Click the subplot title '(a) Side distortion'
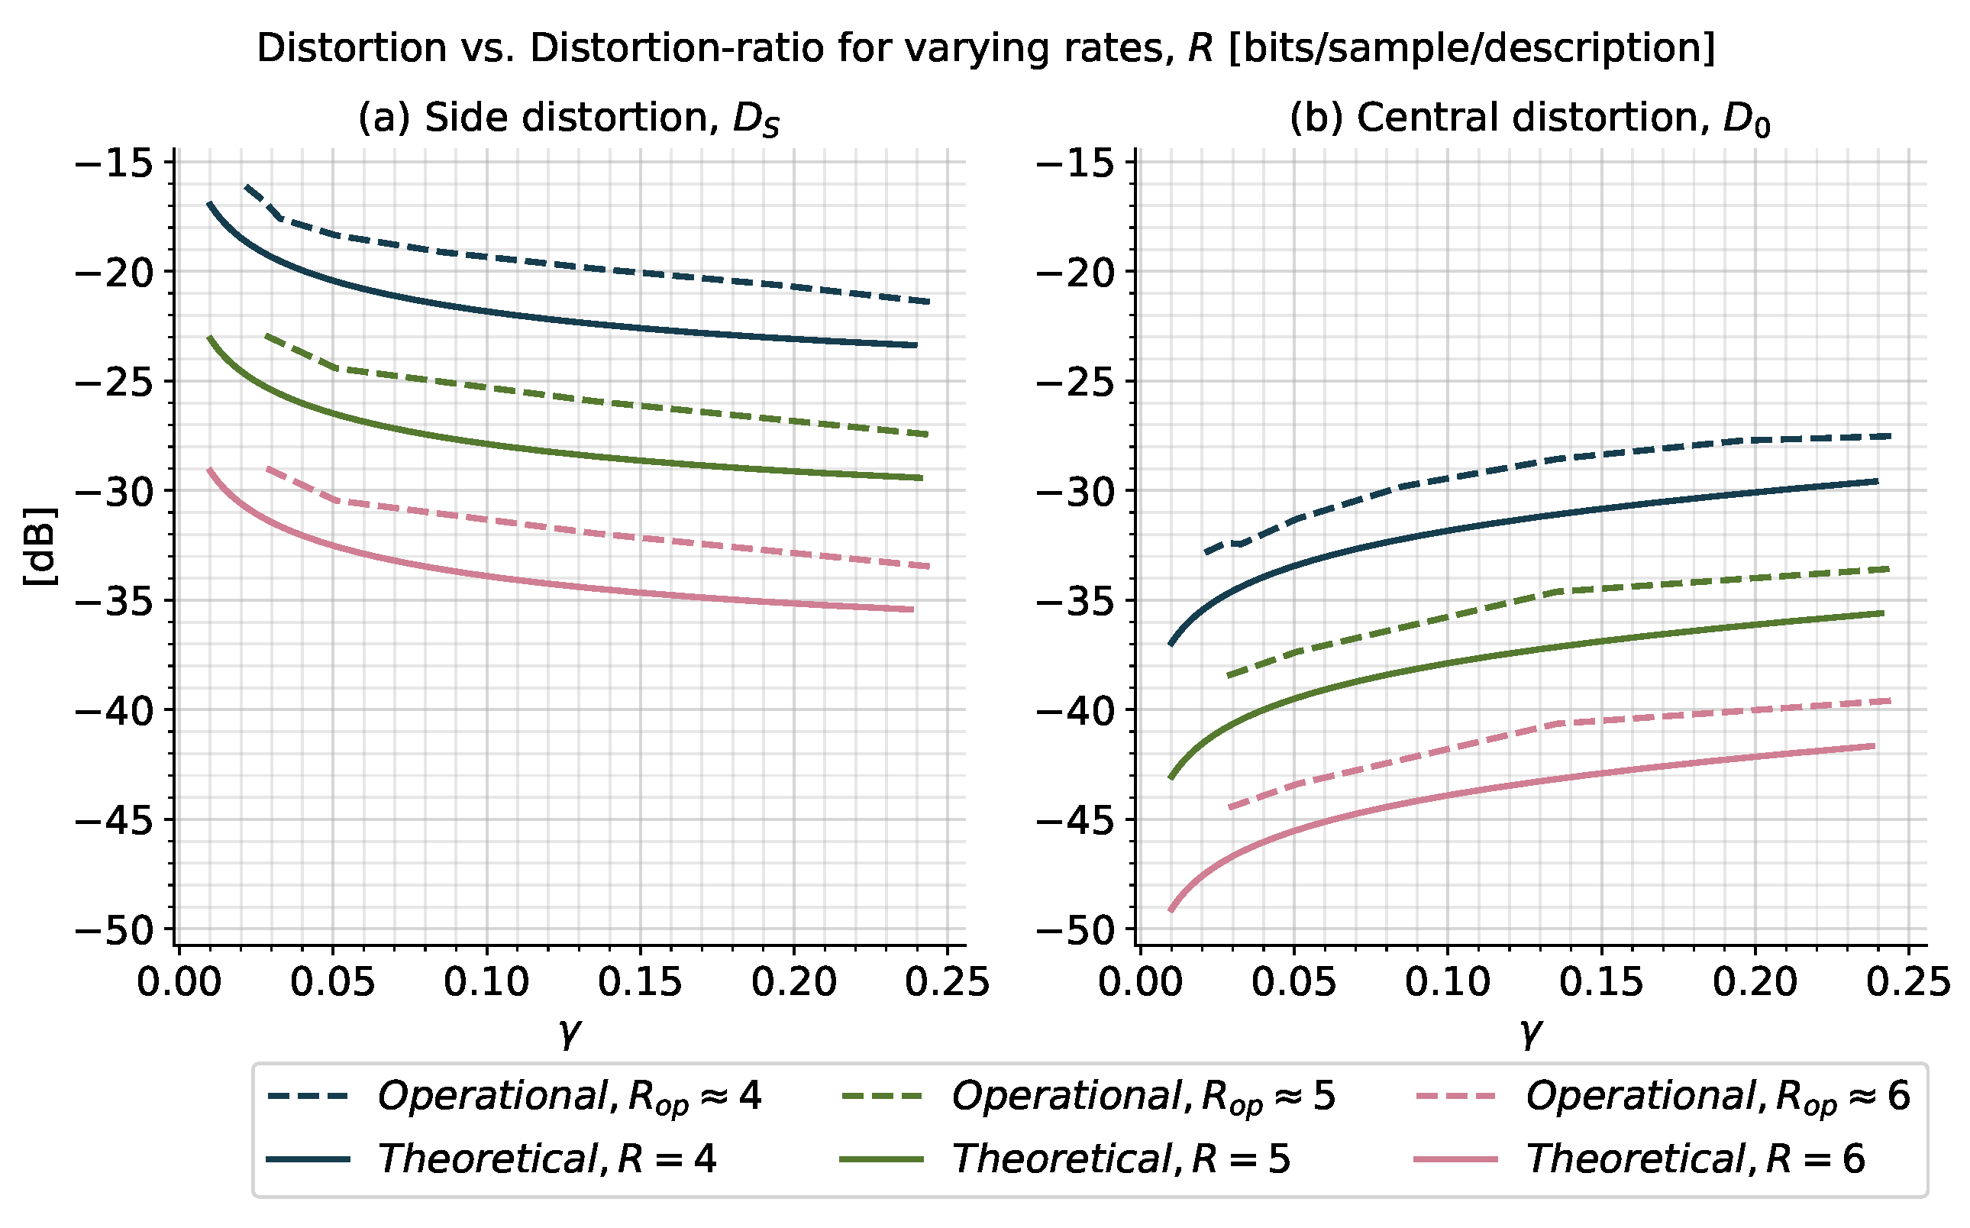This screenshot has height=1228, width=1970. point(568,118)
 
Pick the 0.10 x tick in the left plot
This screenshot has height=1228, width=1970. point(486,983)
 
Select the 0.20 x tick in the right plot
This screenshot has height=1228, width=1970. point(1755,983)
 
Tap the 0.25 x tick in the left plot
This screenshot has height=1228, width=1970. point(948,983)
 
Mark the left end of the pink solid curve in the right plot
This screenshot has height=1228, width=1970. point(1171,910)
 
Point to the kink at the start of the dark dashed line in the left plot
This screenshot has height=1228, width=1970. point(280,218)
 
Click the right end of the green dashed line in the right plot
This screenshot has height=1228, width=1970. point(1888,568)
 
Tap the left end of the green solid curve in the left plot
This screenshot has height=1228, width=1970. point(209,337)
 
